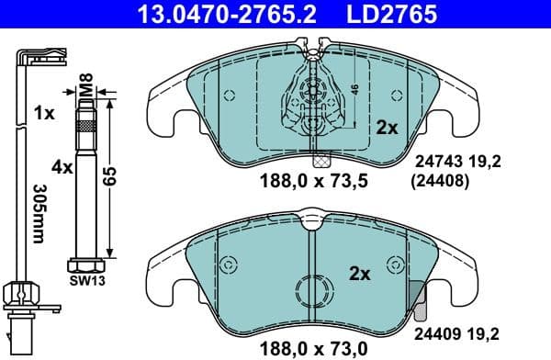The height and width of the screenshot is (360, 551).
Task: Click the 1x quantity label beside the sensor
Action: click(x=42, y=115)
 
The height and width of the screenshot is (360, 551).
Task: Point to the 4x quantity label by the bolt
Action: click(x=62, y=168)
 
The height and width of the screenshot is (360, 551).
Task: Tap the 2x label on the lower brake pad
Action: click(x=360, y=273)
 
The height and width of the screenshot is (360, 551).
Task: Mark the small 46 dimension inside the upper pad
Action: click(x=354, y=90)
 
